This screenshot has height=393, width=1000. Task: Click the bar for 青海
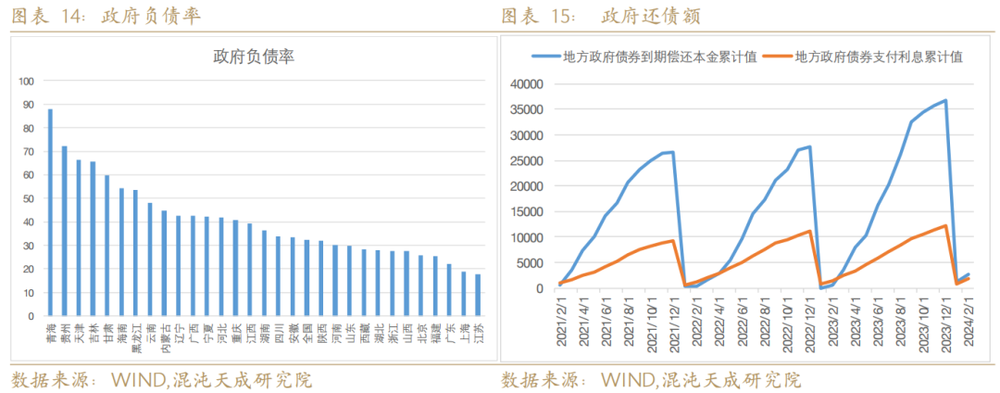(x=50, y=213)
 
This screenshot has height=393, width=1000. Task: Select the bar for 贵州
(x=64, y=232)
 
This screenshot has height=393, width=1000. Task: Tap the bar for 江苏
(x=478, y=296)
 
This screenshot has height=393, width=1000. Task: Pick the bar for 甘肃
(x=106, y=246)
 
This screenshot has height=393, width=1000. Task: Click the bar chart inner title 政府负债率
(x=254, y=57)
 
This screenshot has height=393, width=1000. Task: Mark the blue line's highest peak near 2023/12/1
(x=945, y=100)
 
